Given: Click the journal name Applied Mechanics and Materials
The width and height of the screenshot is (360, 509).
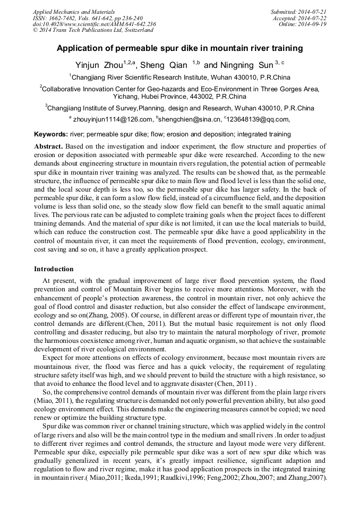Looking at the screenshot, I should pos(66,11).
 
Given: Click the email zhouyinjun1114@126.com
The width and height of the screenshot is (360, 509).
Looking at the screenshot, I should pos(112,119).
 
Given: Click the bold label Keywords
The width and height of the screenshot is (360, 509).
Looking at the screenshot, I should pos(52,135).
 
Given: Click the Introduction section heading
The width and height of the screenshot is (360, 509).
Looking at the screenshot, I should pos(54,269).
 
